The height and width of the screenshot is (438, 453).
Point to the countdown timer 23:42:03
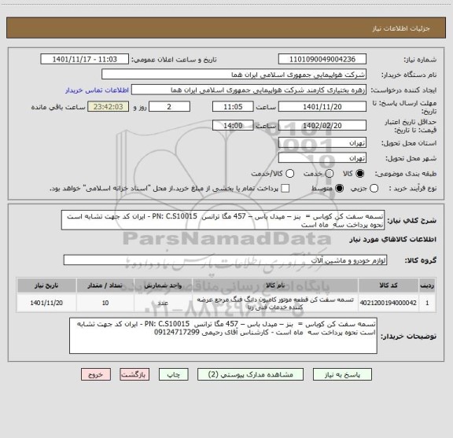coord(109,106)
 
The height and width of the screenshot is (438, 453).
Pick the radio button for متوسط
coord(340,189)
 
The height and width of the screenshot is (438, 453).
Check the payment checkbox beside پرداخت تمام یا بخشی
coord(285,189)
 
